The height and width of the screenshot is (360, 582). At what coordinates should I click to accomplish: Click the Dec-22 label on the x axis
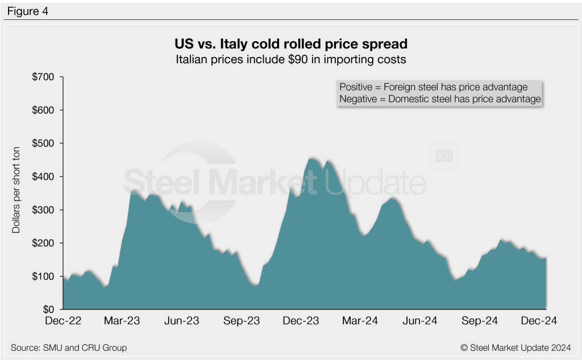(63, 321)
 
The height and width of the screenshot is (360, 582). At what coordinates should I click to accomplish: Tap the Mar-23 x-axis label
(122, 321)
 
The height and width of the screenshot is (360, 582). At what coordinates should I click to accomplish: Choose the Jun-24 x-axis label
(419, 321)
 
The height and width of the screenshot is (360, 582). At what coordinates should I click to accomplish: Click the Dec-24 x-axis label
(538, 321)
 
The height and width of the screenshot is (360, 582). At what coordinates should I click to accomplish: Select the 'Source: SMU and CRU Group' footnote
(69, 347)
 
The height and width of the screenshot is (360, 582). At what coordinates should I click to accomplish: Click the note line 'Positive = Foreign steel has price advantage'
(434, 87)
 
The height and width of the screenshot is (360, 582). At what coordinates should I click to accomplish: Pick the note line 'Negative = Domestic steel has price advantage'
(440, 99)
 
